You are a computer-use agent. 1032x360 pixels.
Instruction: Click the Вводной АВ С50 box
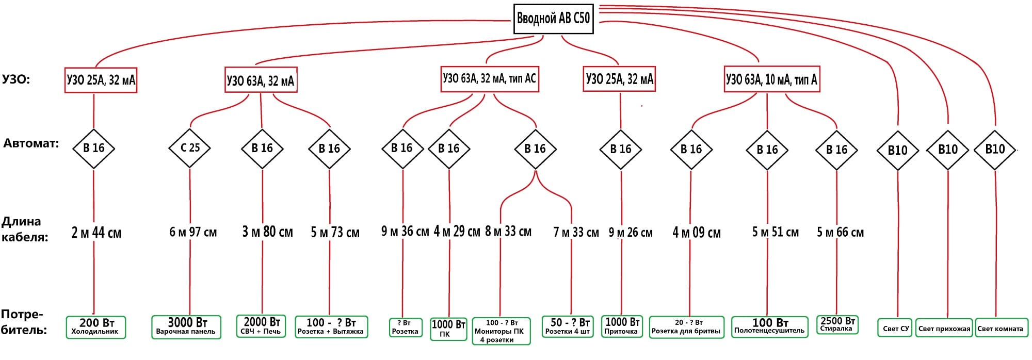click(553, 19)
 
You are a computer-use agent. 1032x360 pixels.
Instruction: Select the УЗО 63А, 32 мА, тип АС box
click(489, 79)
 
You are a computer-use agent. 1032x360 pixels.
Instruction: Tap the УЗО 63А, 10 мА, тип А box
click(771, 79)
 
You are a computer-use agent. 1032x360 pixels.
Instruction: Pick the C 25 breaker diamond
click(190, 148)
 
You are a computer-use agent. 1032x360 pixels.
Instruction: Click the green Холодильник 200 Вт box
click(96, 327)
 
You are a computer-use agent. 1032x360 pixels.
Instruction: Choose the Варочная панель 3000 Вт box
click(186, 327)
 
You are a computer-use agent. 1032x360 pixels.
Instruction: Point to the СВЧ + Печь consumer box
click(261, 326)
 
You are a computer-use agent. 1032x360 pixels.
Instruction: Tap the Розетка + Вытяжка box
click(331, 327)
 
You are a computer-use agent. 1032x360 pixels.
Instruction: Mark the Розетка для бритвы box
click(686, 327)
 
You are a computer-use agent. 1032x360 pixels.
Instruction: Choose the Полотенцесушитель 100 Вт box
click(769, 327)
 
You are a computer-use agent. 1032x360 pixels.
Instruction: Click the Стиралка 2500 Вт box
click(836, 325)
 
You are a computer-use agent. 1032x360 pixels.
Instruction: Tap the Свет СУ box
click(896, 329)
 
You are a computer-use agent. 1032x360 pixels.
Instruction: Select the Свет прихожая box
click(944, 329)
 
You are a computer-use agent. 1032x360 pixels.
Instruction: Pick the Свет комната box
click(1000, 329)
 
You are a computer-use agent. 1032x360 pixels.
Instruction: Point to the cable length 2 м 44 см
click(96, 233)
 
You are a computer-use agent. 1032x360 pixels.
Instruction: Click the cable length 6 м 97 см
click(193, 232)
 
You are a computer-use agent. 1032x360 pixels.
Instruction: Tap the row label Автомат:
click(31, 143)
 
